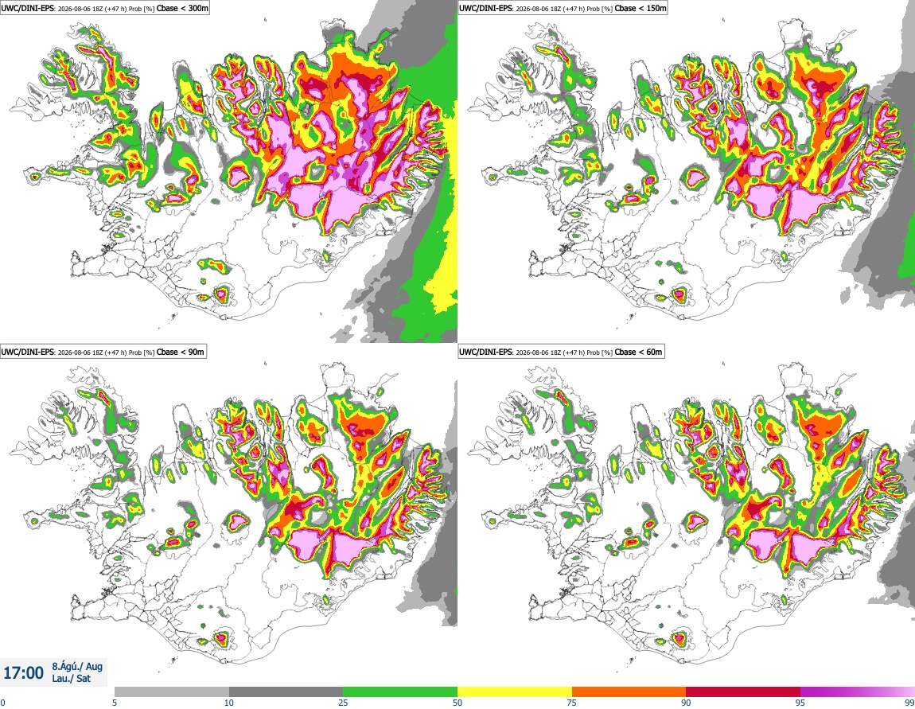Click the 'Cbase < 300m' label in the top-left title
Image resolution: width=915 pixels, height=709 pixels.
[x=182, y=8]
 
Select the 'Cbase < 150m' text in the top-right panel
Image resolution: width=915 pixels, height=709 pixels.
[x=640, y=8]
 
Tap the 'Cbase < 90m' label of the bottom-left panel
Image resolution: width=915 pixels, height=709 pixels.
[x=181, y=352]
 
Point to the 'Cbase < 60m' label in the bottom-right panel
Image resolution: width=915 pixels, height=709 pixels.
[x=638, y=352]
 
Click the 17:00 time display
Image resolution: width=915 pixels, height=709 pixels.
[x=23, y=673]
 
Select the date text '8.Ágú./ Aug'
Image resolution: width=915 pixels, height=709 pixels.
[x=77, y=666]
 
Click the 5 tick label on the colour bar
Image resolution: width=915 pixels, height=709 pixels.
[x=115, y=703]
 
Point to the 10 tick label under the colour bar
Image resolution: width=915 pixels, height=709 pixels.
[x=229, y=703]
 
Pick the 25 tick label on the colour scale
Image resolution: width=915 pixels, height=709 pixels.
[x=343, y=703]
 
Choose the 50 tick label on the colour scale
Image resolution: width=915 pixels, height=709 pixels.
[x=457, y=703]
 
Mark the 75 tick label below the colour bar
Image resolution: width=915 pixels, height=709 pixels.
[x=572, y=703]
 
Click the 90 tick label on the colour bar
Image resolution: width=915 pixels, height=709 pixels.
[x=686, y=703]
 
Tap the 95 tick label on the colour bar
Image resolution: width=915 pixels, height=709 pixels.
[x=800, y=703]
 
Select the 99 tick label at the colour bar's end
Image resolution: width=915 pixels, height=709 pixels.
[x=909, y=703]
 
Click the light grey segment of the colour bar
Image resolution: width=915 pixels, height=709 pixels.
[x=172, y=692]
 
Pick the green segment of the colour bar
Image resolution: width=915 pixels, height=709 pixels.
[x=400, y=692]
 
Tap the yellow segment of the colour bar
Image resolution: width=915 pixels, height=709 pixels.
[x=515, y=692]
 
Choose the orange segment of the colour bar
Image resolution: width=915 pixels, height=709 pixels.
[x=629, y=692]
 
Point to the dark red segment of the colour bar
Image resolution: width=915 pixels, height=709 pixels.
[x=743, y=692]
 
